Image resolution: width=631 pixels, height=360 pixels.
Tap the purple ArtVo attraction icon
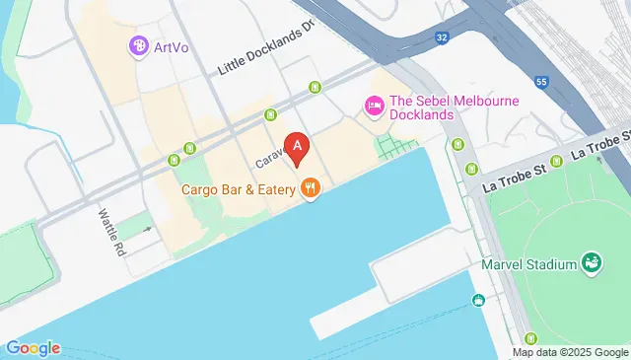point(139,45)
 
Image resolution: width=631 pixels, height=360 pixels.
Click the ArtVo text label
point(172,45)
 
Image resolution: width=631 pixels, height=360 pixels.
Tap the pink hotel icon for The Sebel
point(374,105)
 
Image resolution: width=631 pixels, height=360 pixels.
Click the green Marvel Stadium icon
point(593,262)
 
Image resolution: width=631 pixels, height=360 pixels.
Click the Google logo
point(33,347)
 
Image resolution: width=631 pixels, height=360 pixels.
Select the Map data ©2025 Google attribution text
point(569,352)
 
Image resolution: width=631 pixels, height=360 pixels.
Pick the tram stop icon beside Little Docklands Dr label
point(315,88)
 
